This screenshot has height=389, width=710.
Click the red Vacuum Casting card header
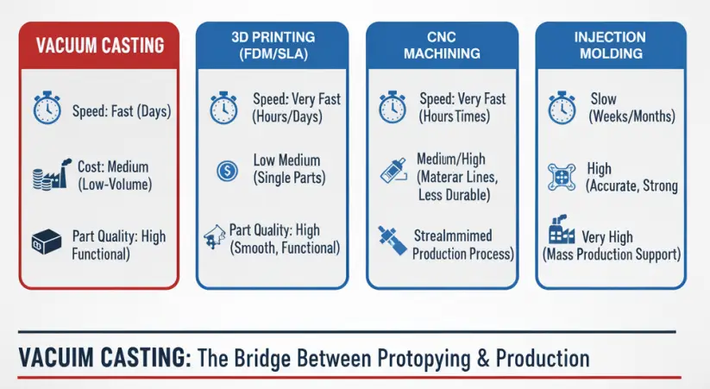tap(99, 46)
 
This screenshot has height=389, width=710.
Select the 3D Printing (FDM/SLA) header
tap(273, 46)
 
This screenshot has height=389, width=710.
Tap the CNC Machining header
tap(442, 46)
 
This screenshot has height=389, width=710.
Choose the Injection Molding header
tap(611, 46)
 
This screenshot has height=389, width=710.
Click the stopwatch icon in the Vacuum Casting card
tap(47, 108)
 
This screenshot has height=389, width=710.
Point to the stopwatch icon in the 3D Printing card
tap(223, 108)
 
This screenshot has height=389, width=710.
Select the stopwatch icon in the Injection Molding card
tap(562, 108)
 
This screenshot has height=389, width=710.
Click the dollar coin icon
tap(227, 171)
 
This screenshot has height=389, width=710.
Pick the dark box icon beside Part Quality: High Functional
tap(47, 242)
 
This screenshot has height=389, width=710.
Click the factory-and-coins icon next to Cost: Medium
tap(52, 174)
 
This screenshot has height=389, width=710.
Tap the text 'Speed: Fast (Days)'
tap(122, 111)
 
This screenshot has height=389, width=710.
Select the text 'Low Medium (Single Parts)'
tap(289, 169)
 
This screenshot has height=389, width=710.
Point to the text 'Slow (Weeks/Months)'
tap(631, 108)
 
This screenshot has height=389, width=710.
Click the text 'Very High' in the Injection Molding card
tap(607, 237)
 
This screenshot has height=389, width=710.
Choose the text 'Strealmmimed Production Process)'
tap(462, 245)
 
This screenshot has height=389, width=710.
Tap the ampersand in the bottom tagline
tap(484, 358)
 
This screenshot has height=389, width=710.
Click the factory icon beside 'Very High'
tap(562, 230)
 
